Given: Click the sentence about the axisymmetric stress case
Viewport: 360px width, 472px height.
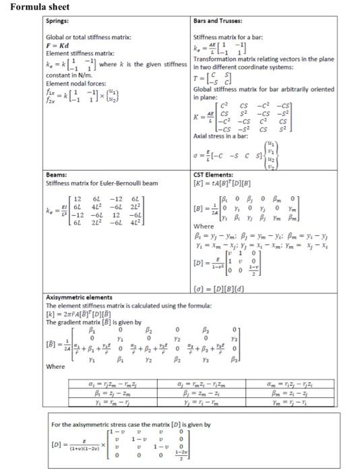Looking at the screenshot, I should point(131,425).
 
